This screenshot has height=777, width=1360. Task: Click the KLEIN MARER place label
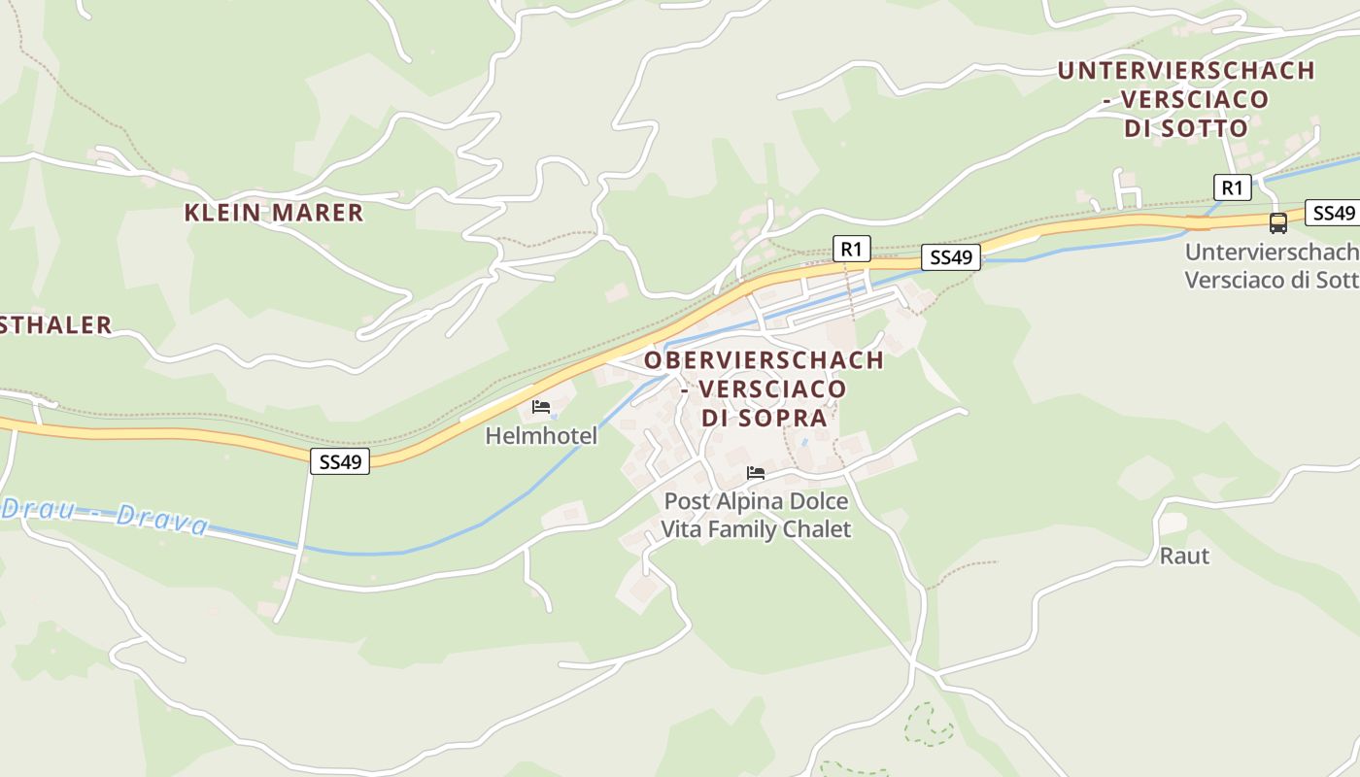[x=274, y=213]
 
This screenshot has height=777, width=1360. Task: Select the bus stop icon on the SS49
[x=1278, y=223]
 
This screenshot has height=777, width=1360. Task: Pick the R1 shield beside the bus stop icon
[x=1232, y=187]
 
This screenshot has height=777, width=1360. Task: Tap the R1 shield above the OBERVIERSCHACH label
[x=851, y=249]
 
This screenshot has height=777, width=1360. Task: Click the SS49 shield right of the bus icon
[x=1333, y=214]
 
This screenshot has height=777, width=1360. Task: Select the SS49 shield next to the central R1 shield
[x=951, y=257]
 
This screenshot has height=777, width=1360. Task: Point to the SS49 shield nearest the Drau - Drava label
[x=340, y=461]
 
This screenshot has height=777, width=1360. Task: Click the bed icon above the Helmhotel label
[x=541, y=407]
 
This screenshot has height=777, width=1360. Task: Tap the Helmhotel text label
[x=541, y=437]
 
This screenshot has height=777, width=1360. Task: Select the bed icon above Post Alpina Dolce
[x=756, y=473]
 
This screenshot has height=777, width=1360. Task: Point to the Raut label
[x=1185, y=556]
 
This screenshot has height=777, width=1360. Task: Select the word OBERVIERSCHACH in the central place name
[x=765, y=360]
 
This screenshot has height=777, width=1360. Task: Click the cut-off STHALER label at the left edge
[x=55, y=325]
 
